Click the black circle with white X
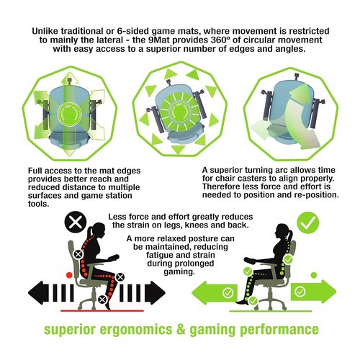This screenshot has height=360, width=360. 76,222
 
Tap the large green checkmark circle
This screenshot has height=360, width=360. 308,222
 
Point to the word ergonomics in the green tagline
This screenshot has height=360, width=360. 136,329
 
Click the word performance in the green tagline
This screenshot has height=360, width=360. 279,329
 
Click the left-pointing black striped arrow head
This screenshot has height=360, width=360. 38,293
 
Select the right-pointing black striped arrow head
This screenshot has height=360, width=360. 155,293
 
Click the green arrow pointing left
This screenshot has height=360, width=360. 215,292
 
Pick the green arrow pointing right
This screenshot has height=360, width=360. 314,292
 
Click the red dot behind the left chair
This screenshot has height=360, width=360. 69,275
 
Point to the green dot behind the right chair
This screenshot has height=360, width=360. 314,275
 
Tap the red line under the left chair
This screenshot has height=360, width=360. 102,311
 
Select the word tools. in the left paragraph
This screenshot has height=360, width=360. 38,204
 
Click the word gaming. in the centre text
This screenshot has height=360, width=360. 179,271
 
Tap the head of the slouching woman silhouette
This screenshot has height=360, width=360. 97,229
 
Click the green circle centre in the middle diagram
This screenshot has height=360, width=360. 180,112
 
